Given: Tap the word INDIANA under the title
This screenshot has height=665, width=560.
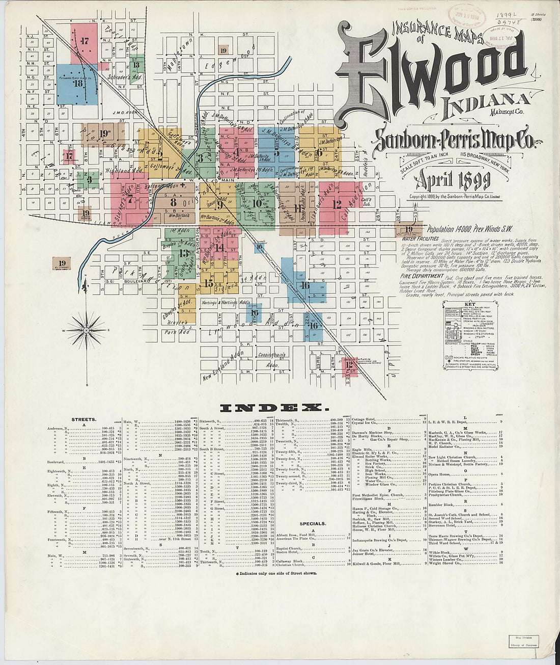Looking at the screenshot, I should point(487,103).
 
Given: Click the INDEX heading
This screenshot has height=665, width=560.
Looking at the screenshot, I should point(272,408).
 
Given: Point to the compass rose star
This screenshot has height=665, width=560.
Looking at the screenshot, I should point(86,330).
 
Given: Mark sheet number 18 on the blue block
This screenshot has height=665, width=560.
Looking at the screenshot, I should point(77,83).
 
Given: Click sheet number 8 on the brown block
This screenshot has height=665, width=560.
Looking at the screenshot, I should point(173,202).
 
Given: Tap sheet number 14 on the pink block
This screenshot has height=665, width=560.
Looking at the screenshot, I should point(219,248).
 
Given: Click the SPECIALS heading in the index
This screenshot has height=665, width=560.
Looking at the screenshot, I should point(313,523).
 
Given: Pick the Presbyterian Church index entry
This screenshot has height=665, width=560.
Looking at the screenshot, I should point(447,493).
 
